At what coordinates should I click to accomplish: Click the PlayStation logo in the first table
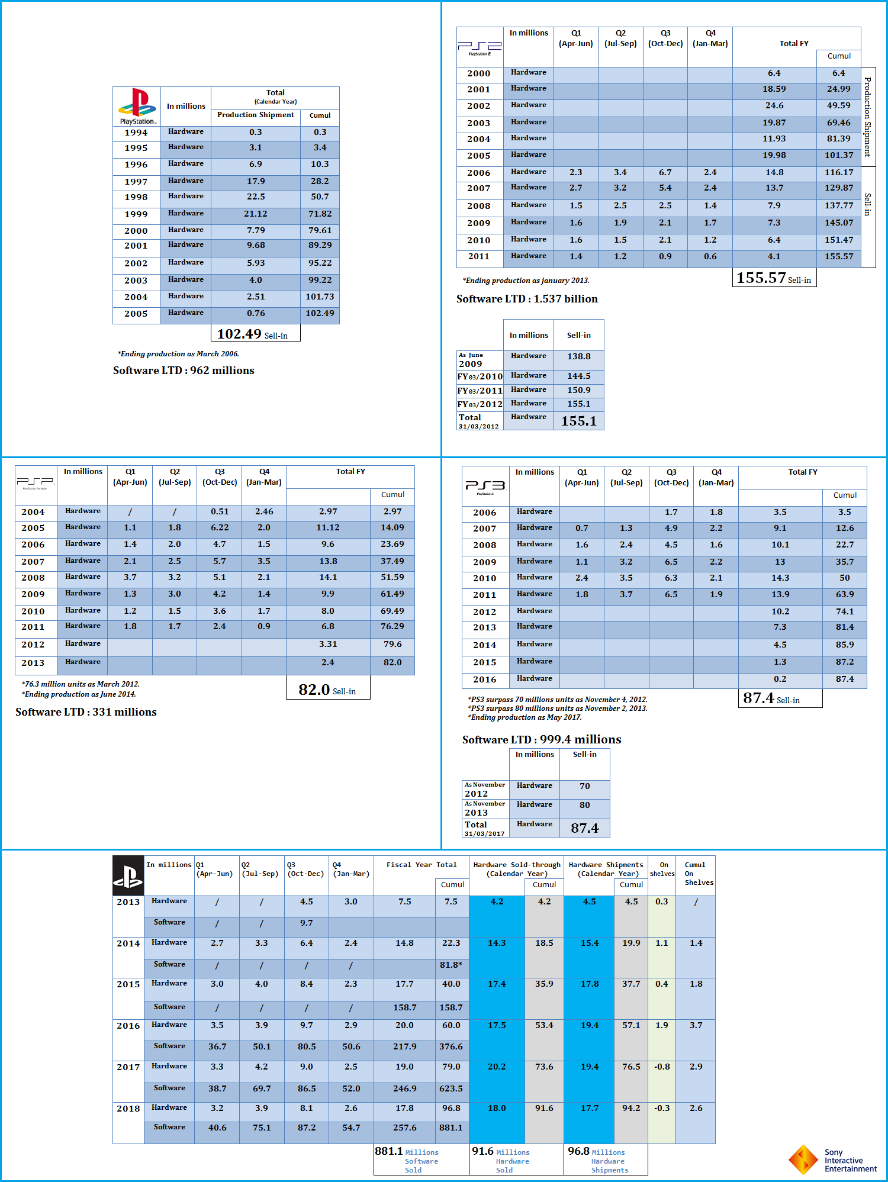[x=137, y=105]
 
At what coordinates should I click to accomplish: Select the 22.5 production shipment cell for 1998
[x=256, y=197]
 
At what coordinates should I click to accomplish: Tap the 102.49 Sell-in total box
[x=255, y=334]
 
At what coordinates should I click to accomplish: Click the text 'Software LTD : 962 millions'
[x=184, y=371]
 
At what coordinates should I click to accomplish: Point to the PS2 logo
[x=480, y=47]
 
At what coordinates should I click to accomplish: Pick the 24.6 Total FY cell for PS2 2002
[x=774, y=106]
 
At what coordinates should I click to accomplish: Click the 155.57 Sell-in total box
[x=774, y=278]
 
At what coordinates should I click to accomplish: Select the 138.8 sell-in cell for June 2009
[x=578, y=357]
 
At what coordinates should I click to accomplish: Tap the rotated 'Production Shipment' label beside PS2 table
[x=868, y=117]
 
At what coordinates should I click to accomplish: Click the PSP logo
[x=36, y=482]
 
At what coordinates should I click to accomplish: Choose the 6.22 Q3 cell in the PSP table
[x=219, y=528]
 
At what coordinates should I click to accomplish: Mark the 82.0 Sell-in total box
[x=327, y=690]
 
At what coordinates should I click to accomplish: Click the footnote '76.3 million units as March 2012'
[x=81, y=684]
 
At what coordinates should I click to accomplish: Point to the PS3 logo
[x=485, y=486]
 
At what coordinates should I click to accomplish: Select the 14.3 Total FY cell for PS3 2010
[x=780, y=578]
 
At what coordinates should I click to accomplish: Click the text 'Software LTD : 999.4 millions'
[x=542, y=740]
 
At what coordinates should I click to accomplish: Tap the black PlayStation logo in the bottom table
[x=128, y=875]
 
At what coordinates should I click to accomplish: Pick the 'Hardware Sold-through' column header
[x=516, y=869]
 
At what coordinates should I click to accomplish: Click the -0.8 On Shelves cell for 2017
[x=661, y=1067]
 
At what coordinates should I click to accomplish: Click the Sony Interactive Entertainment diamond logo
[x=803, y=1160]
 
